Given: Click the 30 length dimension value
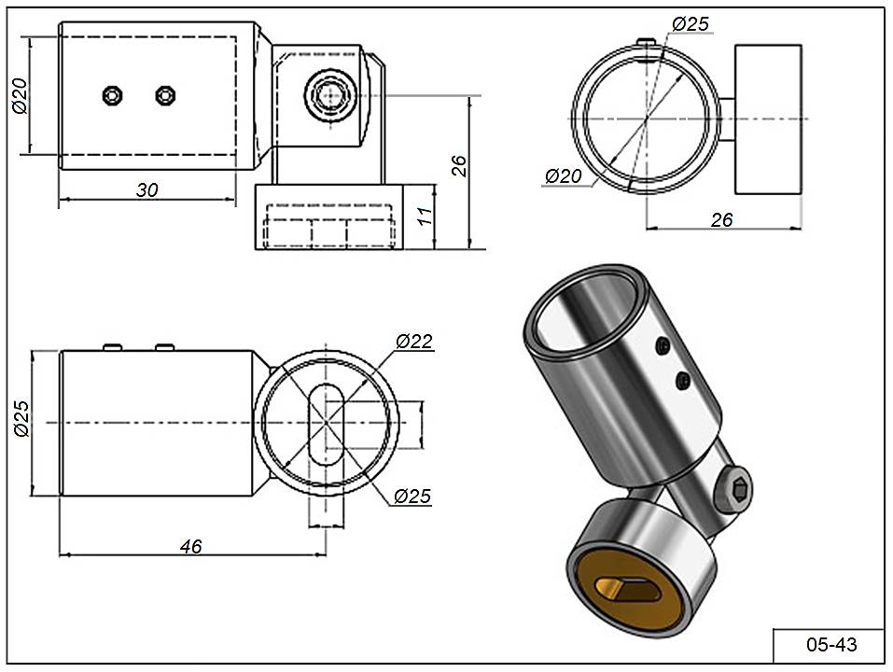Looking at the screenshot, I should tap(147, 190).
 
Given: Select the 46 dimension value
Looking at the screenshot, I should tap(190, 547).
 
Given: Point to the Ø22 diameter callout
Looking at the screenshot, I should tap(413, 343).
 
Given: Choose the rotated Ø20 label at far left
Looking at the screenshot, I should tap(20, 94).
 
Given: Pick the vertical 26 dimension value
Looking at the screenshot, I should tap(458, 166).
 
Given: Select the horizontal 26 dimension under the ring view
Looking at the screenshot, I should tap(721, 220).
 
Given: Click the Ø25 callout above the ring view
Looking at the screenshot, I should tap(691, 24).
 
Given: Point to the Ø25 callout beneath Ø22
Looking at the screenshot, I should tap(412, 497).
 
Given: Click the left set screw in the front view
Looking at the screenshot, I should tap(113, 94).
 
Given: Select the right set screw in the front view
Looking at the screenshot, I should tap(166, 94).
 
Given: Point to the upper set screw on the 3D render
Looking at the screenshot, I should tap(662, 347).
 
